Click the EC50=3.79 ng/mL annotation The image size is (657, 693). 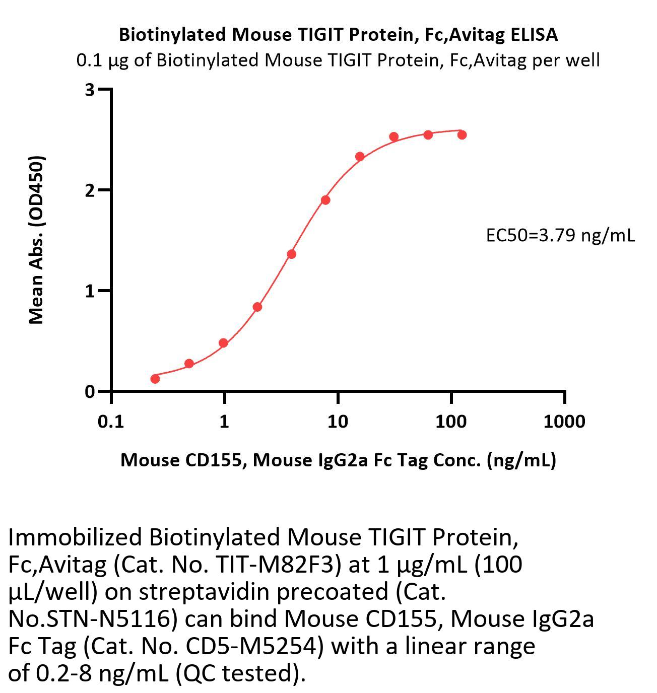[560, 235]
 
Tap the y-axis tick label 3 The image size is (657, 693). [90, 90]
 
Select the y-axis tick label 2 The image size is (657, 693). [90, 190]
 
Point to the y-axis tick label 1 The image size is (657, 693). [90, 291]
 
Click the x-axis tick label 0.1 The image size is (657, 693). [111, 421]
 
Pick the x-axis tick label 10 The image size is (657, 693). [337, 421]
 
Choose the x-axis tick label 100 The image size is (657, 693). [450, 421]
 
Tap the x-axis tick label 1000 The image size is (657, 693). [564, 421]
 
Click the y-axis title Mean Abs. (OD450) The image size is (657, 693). [36, 240]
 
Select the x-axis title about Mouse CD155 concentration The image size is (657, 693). [338, 460]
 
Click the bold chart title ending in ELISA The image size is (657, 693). [338, 34]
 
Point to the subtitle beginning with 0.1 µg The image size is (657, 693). [338, 60]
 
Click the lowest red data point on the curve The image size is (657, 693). [155, 379]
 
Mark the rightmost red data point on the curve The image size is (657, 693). [462, 134]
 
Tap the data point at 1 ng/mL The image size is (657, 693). [224, 343]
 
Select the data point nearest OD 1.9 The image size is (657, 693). [325, 200]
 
